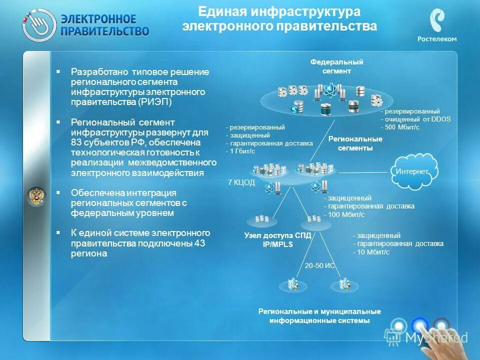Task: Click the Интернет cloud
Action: (413, 171)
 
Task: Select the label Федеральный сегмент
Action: (336, 66)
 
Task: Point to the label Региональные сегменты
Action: (355, 143)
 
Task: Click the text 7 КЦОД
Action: (241, 182)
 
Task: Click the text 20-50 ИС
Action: (319, 266)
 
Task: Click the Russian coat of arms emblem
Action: (36, 196)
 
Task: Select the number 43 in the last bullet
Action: (199, 243)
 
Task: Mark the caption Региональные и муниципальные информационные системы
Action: (319, 316)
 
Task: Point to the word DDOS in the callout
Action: (440, 119)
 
